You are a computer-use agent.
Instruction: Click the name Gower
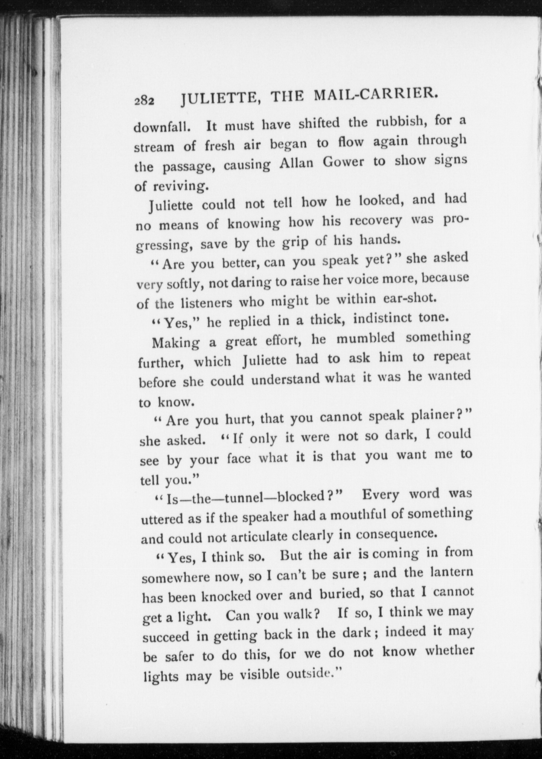341,163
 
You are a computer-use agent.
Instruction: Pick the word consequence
394,533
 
